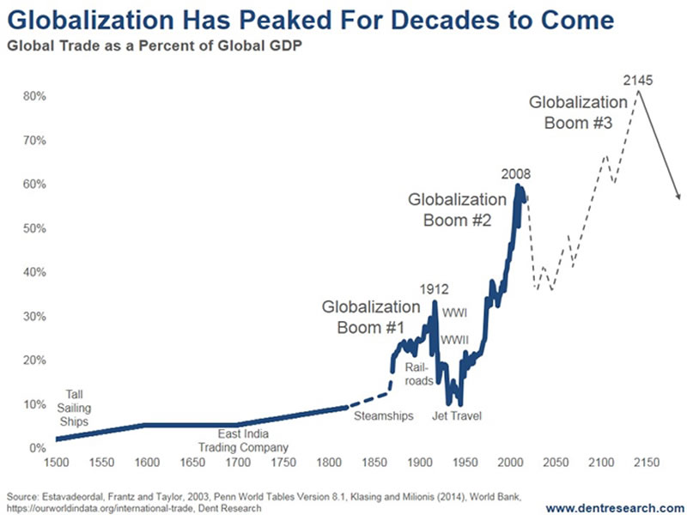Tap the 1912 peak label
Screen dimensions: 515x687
pos(435,288)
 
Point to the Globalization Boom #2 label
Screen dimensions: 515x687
pos(457,209)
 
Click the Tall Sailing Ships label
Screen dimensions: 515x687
pos(74,408)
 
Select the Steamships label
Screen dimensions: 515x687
pos(384,416)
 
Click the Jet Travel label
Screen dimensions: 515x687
pos(456,416)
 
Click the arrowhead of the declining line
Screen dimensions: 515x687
pos(678,197)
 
